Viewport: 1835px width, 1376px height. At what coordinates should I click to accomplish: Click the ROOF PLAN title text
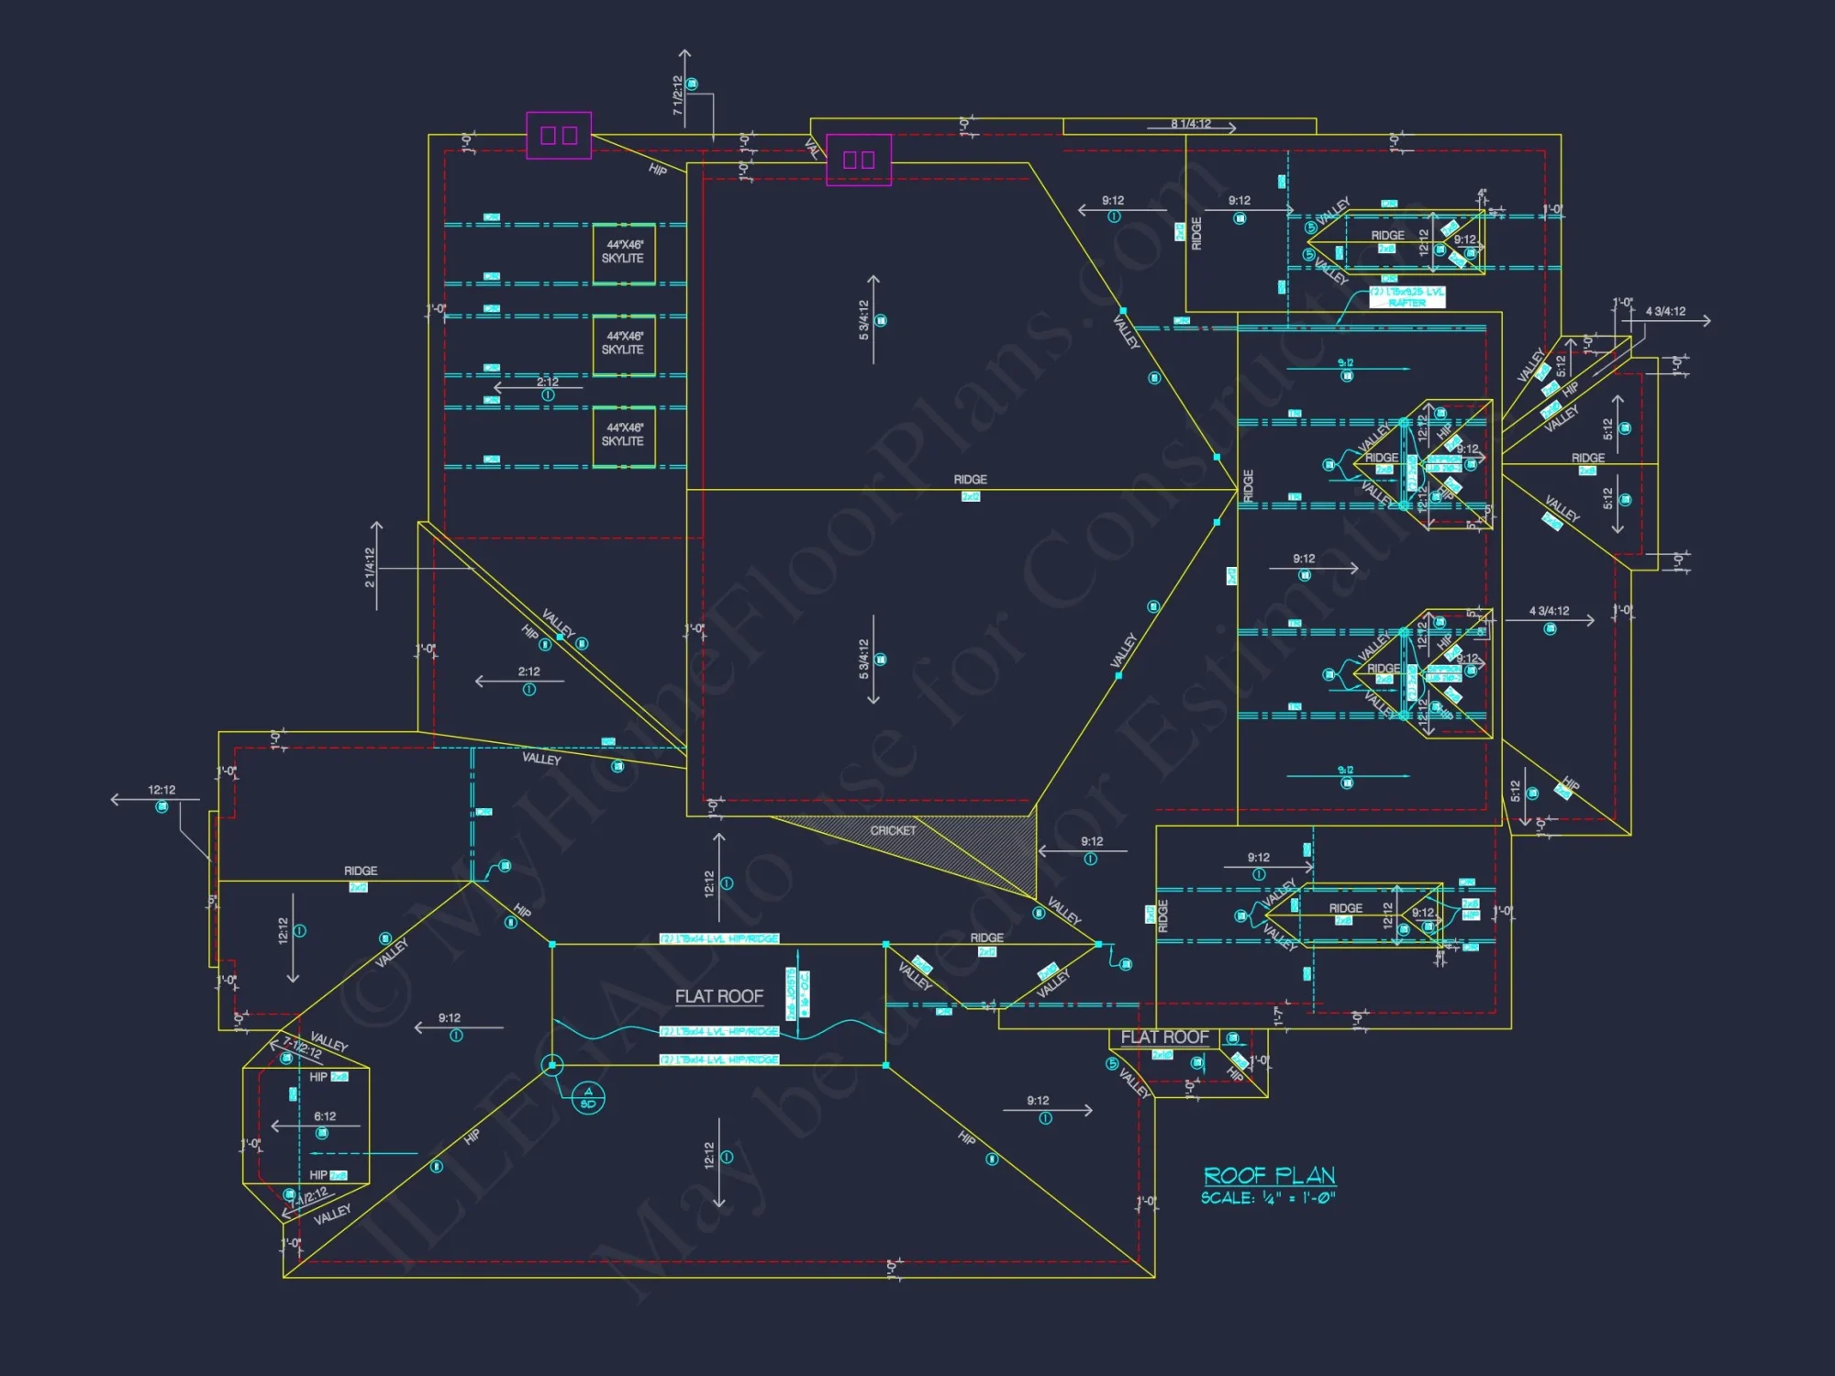pos(1269,1175)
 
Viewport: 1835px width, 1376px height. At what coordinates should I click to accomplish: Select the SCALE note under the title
pos(1267,1198)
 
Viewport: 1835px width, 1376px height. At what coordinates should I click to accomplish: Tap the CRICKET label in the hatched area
pos(893,830)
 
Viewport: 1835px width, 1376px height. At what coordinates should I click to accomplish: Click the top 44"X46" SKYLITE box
pos(623,252)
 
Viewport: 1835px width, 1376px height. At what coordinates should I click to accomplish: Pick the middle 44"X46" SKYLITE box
pos(623,344)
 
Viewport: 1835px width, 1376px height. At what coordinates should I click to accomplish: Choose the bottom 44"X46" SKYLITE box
pos(623,435)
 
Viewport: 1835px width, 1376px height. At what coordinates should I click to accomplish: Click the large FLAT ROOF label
pos(718,996)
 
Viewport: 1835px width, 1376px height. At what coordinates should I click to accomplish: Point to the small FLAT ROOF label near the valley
pos(1164,1037)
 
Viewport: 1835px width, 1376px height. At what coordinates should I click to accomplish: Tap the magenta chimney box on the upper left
pos(558,136)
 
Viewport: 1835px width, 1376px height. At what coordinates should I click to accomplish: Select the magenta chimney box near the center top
pos(858,160)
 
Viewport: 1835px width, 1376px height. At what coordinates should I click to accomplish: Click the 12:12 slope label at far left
pos(161,790)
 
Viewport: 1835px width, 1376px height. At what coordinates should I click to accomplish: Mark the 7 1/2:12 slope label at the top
pos(678,94)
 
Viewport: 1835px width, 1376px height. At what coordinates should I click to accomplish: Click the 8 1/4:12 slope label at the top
pos(1190,124)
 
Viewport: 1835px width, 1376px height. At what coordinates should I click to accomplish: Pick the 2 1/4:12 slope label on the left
pos(370,567)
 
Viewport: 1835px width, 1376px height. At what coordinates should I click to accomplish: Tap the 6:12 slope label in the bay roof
pos(325,1116)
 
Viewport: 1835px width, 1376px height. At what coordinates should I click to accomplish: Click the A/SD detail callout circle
pos(588,1096)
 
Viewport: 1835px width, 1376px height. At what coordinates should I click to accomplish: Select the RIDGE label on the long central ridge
pos(970,480)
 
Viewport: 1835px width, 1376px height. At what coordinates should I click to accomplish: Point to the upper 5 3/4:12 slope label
pos(863,320)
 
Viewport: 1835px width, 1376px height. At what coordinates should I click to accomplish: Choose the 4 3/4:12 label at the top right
pos(1664,312)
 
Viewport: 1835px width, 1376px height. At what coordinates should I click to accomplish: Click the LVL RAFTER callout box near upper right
pos(1407,297)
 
